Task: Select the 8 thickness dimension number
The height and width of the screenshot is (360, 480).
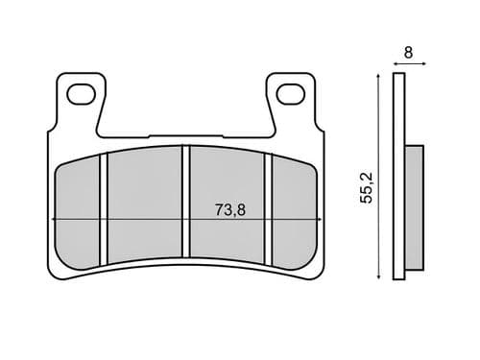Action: coord(408,54)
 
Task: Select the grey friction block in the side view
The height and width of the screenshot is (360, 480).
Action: coord(414,205)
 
